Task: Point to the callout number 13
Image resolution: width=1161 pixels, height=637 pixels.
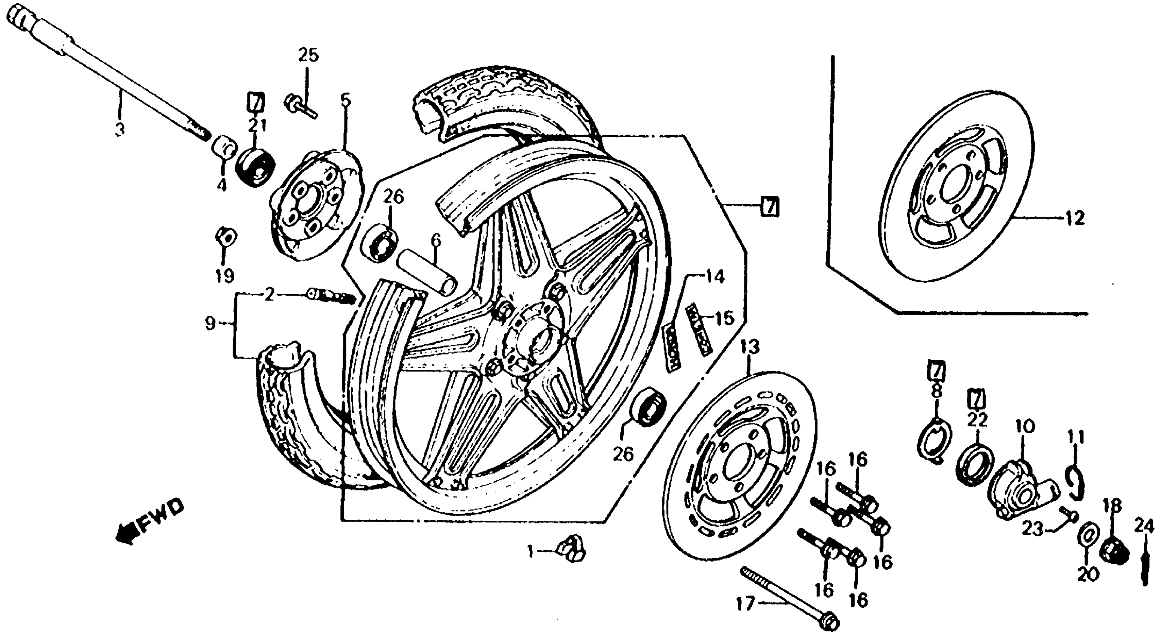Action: (x=749, y=347)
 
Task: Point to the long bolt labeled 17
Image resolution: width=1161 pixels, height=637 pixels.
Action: (x=789, y=595)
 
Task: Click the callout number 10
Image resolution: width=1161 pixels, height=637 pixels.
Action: (x=1025, y=426)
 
